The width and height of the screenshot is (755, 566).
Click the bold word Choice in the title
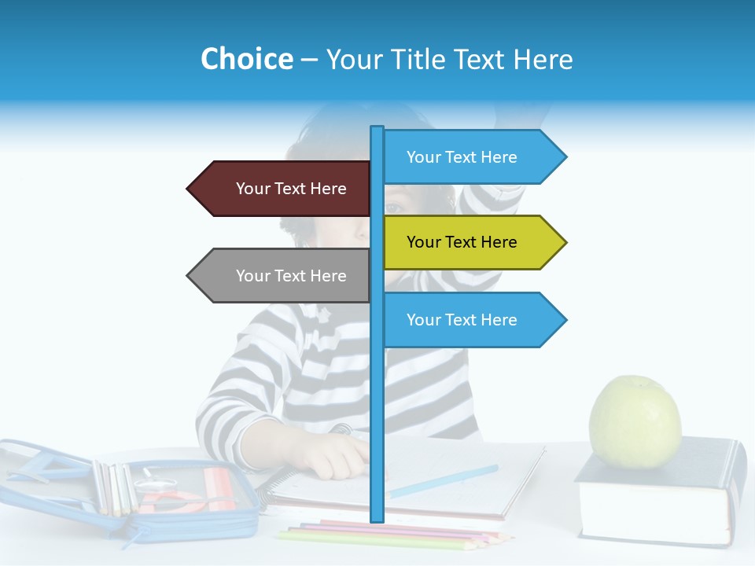click(247, 59)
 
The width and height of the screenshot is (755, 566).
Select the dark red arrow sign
click(283, 189)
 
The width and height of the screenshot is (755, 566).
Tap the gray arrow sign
click(283, 276)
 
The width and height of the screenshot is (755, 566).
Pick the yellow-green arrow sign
click(468, 242)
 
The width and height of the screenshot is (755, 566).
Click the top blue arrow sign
click(468, 157)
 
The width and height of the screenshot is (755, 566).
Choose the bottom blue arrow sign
click(468, 320)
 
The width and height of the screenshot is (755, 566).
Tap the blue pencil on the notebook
click(444, 481)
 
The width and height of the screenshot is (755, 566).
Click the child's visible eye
click(393, 208)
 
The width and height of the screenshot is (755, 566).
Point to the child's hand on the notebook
click(334, 456)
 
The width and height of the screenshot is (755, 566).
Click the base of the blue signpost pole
click(377, 517)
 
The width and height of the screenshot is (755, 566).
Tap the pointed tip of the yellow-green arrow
click(565, 242)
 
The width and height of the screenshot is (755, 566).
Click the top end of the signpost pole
click(377, 129)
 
